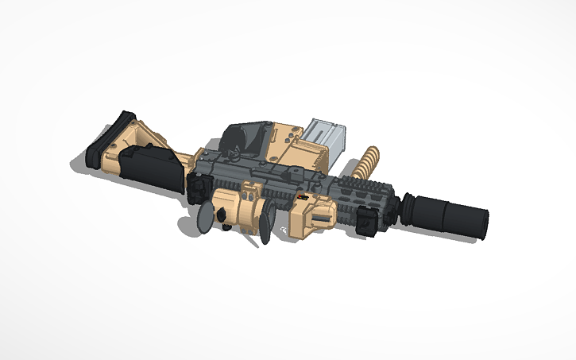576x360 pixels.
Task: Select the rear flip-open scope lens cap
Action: click(x=205, y=217)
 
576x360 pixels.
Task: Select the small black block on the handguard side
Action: click(x=366, y=221)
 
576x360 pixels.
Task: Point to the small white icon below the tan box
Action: click(x=284, y=232)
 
